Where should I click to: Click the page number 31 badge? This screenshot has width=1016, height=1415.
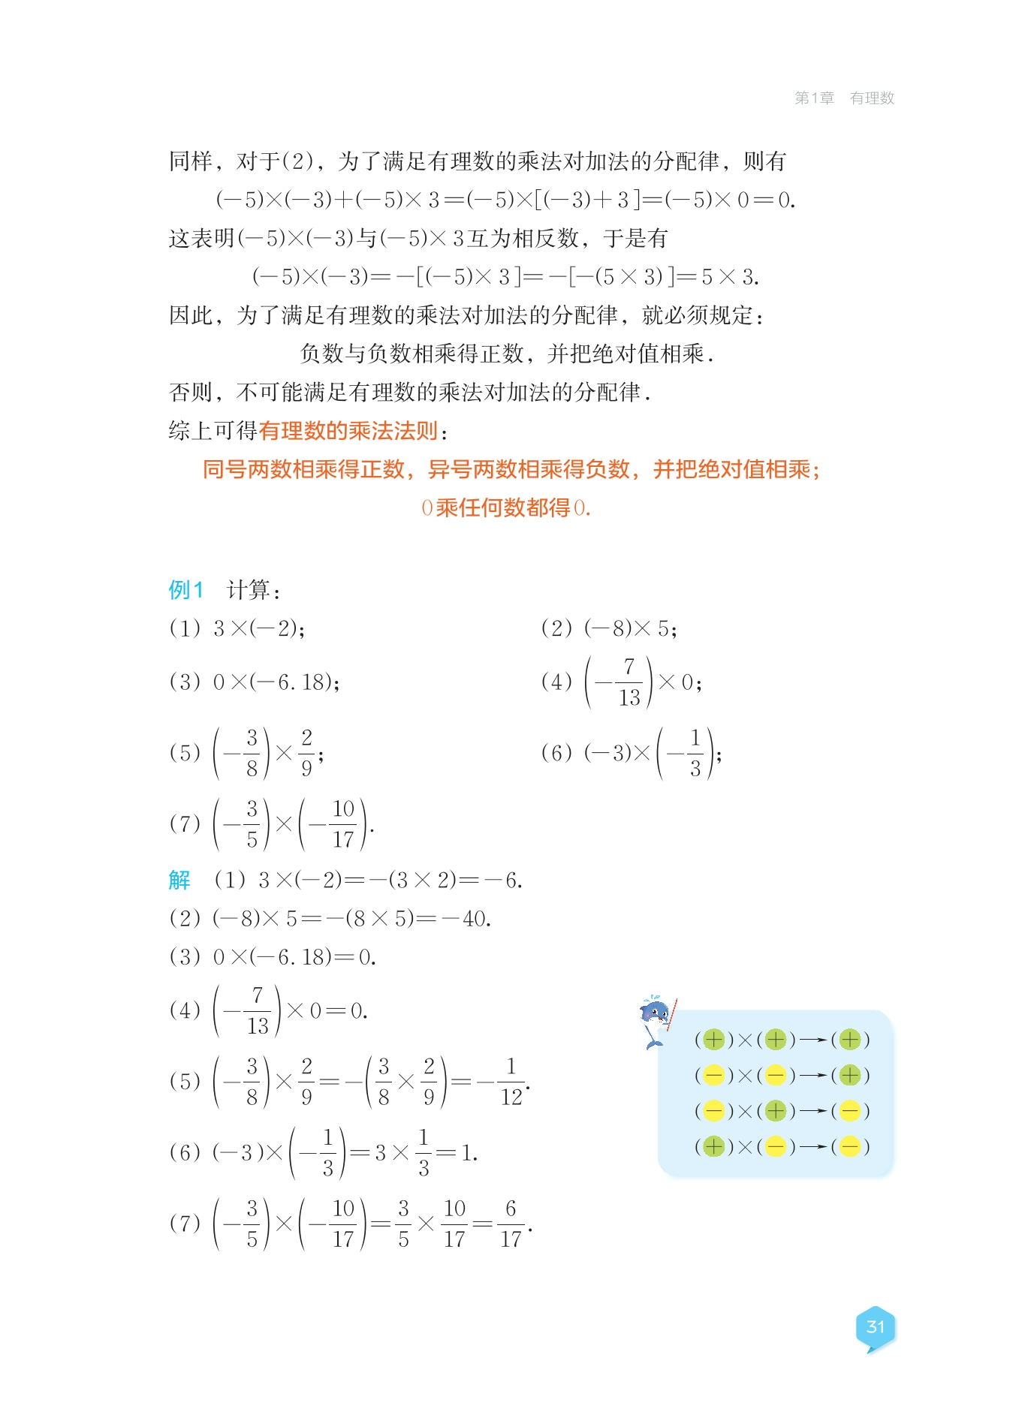[875, 1327]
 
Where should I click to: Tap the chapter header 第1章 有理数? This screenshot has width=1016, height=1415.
[844, 98]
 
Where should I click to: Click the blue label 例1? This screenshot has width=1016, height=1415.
[185, 590]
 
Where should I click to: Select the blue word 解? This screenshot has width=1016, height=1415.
[179, 880]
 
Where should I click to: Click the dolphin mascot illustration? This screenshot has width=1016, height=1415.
[656, 1021]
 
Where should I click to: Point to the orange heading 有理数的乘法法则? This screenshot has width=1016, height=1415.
[348, 431]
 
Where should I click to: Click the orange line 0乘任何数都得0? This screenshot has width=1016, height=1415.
[506, 508]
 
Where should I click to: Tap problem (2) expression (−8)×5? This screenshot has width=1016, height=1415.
[629, 628]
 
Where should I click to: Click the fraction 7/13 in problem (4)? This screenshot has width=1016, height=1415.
[629, 682]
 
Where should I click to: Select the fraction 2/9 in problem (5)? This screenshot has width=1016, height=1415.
[306, 752]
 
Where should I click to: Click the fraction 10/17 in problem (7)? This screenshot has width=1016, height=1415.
[343, 823]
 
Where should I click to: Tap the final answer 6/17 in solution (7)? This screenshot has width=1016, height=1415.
[511, 1224]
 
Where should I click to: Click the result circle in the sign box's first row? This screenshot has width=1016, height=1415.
[850, 1040]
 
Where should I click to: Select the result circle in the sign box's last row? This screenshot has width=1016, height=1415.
[850, 1146]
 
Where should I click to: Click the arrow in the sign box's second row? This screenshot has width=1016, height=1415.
[812, 1076]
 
